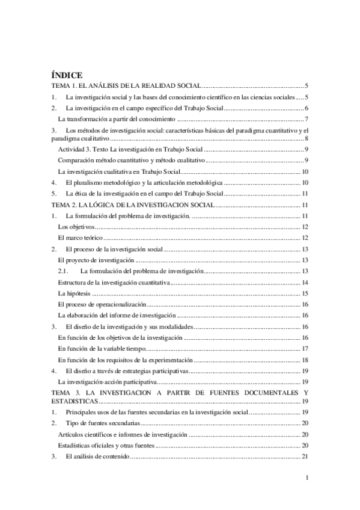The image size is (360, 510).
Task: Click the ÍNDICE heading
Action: pyautogui.click(x=66, y=76)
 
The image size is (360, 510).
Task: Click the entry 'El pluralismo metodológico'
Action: pyautogui.click(x=144, y=182)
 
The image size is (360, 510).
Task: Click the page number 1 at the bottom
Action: pyautogui.click(x=307, y=478)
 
